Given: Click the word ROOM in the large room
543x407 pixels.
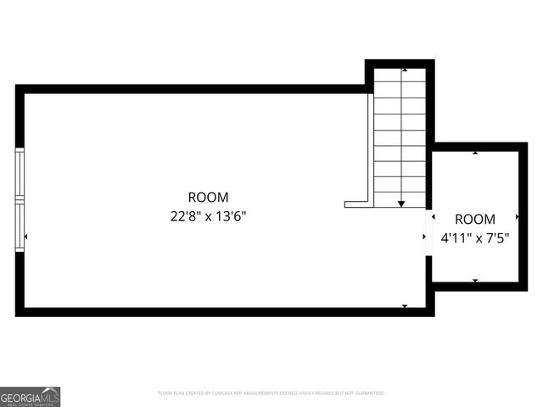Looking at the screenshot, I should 208,198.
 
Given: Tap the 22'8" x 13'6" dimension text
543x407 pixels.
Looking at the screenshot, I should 208,215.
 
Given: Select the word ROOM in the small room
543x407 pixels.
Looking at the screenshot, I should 475,219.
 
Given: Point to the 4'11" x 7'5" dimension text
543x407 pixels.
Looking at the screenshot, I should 475,238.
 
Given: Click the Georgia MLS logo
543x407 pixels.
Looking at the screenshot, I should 31,397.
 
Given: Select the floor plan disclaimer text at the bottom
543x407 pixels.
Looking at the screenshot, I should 271,393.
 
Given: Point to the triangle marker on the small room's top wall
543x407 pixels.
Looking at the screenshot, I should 475,153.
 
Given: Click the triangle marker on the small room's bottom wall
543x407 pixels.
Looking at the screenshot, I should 475,281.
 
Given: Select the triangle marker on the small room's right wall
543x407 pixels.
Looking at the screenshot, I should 518,217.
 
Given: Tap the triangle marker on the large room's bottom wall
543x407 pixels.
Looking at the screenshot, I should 405,306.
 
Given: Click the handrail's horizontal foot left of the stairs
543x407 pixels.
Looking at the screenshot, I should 356,204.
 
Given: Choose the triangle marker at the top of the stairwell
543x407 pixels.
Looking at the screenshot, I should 405,70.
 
